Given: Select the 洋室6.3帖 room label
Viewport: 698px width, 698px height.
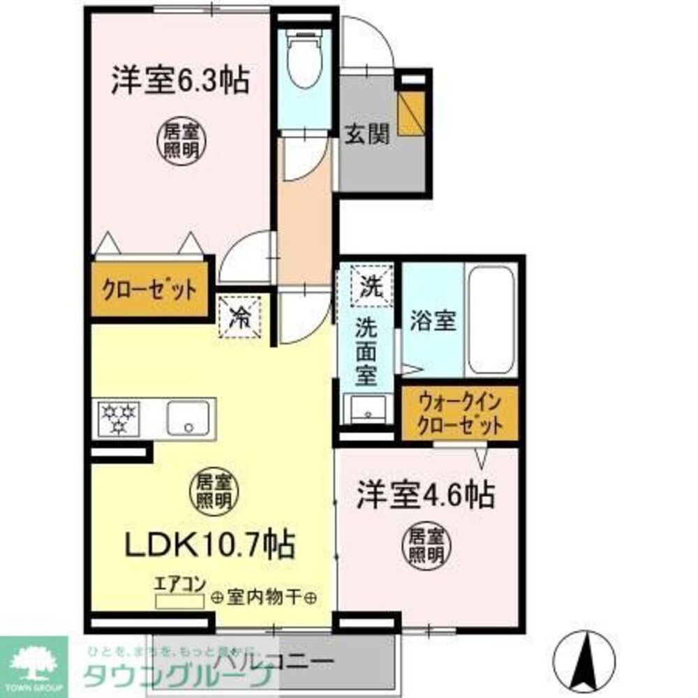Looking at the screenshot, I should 179,82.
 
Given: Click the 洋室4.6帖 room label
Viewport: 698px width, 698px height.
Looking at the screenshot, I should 426,494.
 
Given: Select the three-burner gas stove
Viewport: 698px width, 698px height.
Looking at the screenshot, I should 119,417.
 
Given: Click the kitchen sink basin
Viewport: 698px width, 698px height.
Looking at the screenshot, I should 187,417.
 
